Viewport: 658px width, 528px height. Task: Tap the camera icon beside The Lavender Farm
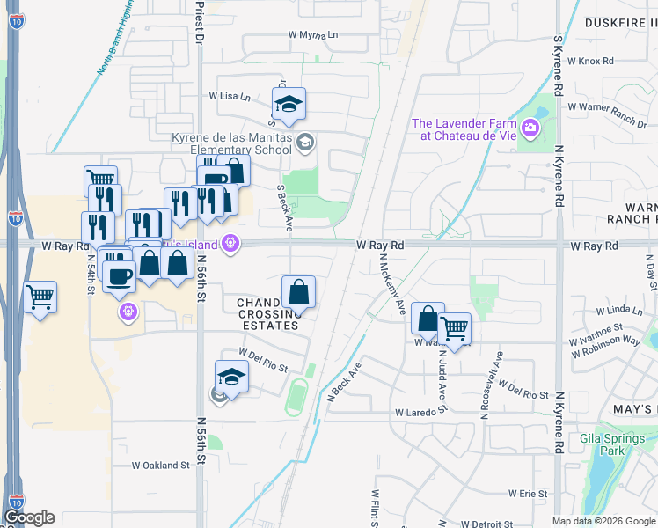click(x=530, y=128)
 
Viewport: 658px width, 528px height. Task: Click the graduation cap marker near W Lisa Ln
click(x=288, y=105)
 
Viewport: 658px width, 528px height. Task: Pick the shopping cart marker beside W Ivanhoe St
click(x=454, y=329)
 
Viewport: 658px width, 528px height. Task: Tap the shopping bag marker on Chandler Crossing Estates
click(x=298, y=292)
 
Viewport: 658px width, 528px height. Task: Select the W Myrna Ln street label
click(x=313, y=35)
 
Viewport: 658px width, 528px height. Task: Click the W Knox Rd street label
click(x=589, y=62)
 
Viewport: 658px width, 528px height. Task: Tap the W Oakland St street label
click(x=160, y=466)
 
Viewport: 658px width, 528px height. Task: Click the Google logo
click(x=29, y=517)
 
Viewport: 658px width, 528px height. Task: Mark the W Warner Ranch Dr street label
click(x=607, y=113)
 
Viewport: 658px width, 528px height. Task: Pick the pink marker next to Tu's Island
click(x=230, y=244)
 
